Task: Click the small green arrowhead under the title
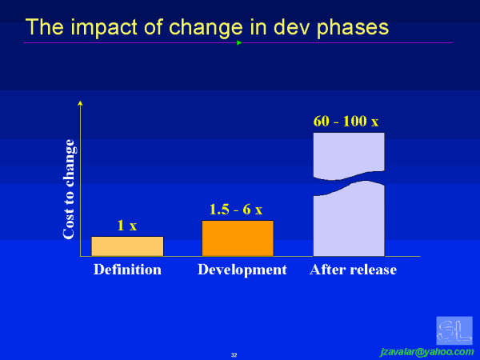[x=239, y=42]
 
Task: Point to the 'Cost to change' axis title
[x=69, y=189]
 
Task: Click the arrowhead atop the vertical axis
[x=80, y=103]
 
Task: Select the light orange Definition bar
[x=127, y=246]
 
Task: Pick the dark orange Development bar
[x=238, y=238]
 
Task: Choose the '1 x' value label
[x=127, y=226]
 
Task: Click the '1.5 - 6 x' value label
[x=236, y=209]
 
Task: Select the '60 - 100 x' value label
[x=346, y=122]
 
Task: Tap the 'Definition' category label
[x=127, y=270]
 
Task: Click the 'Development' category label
[x=242, y=270]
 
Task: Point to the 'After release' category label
[x=353, y=270]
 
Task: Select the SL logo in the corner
[x=454, y=330]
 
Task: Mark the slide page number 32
[x=234, y=354]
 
